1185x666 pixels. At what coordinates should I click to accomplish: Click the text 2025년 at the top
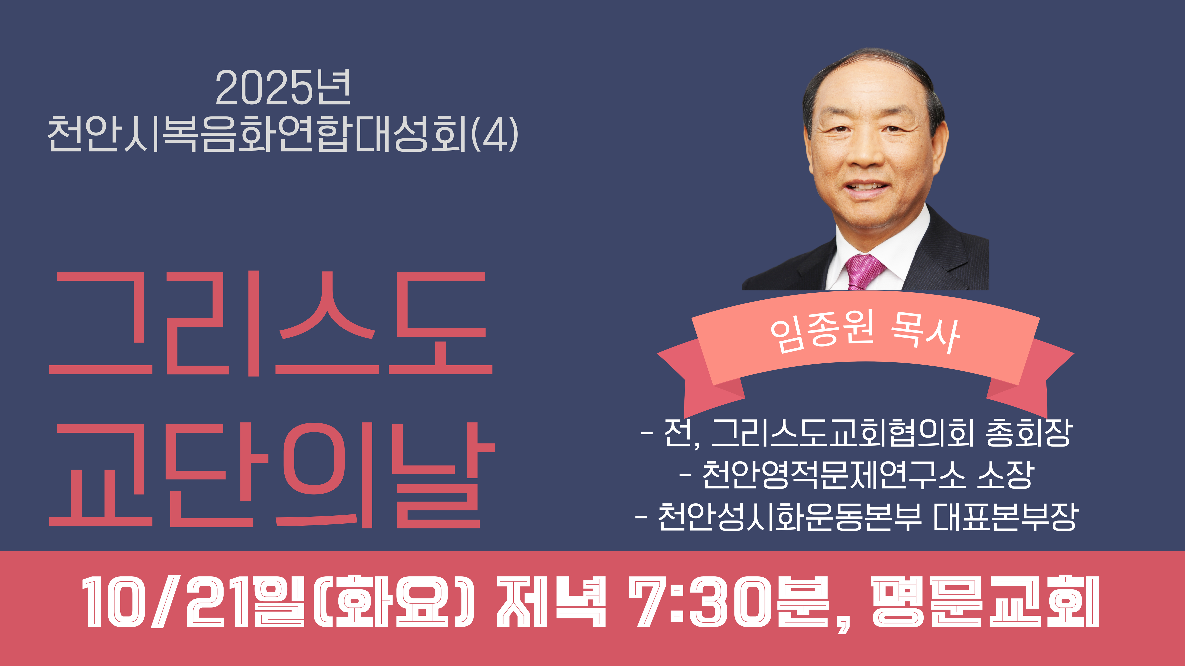pos(283,87)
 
